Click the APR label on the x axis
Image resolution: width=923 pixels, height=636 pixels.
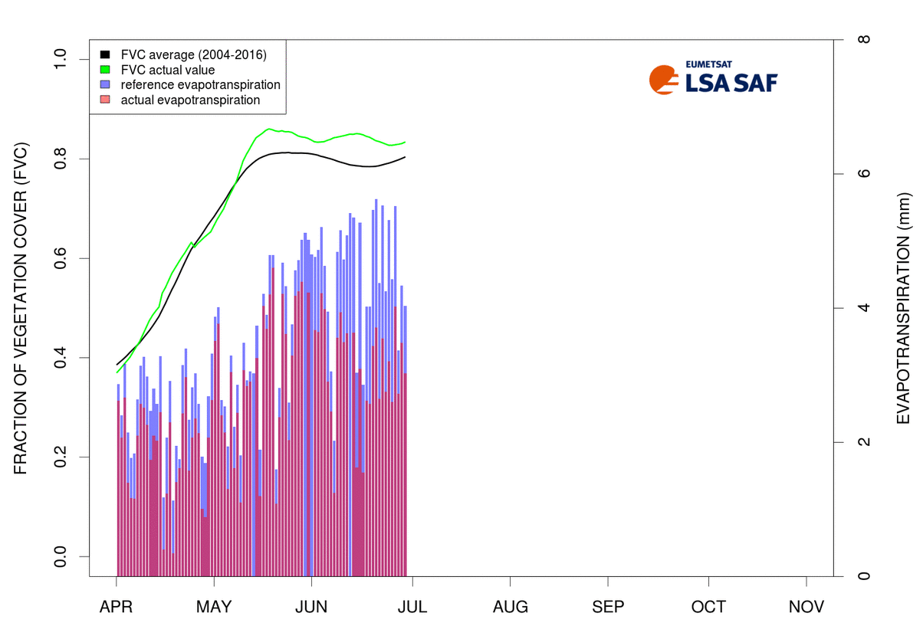tap(117, 607)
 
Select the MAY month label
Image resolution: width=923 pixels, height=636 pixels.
tap(214, 607)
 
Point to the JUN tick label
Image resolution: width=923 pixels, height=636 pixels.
tap(311, 607)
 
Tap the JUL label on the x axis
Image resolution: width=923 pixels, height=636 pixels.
tap(412, 607)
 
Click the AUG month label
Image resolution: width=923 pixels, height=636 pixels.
tap(511, 607)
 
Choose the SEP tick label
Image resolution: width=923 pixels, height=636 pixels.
tap(609, 607)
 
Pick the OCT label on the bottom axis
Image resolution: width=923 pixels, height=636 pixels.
tap(708, 607)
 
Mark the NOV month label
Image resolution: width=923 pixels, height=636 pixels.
tap(806, 607)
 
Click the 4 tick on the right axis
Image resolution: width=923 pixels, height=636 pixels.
tap(863, 308)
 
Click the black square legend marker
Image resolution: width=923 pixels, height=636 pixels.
tap(105, 55)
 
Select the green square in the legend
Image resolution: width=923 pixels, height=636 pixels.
tap(105, 70)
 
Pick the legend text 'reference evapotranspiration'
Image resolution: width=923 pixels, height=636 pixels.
tap(200, 84)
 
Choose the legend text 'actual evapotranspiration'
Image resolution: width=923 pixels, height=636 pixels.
tap(190, 100)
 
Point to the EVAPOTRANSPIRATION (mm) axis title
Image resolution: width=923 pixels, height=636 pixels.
tap(902, 307)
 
